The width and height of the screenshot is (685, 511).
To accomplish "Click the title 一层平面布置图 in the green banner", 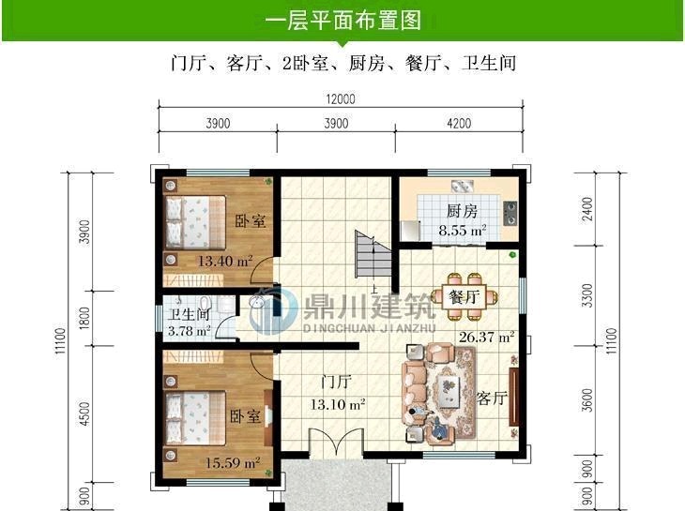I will (342, 20).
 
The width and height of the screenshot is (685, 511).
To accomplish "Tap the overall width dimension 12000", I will (340, 99).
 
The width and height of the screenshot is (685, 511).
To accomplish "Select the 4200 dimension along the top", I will (459, 123).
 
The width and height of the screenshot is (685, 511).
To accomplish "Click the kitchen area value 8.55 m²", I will (463, 229).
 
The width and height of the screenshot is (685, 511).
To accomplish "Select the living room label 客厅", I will (492, 398).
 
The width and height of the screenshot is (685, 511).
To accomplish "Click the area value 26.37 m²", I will (486, 336).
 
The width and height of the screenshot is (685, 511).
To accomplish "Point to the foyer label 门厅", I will (335, 383).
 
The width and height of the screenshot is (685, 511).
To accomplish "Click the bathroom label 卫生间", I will (189, 315).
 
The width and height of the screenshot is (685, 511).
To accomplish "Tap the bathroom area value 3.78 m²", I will (189, 331).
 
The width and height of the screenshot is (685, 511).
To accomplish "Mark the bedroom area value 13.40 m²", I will (224, 262).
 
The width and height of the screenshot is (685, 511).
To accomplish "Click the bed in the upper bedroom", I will (195, 221).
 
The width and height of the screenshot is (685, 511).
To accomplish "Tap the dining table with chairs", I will (464, 289).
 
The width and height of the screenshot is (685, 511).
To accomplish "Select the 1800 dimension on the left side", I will (84, 320).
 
